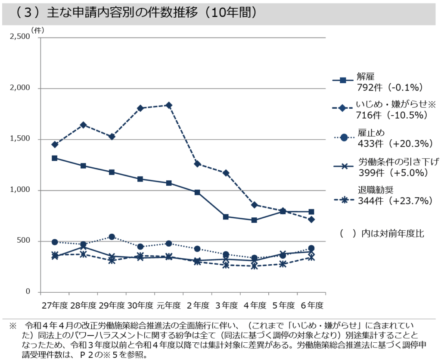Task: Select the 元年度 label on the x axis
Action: [168, 305]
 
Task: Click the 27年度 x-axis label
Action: [55, 305]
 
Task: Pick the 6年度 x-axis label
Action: [311, 305]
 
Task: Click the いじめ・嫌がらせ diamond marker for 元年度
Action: [169, 105]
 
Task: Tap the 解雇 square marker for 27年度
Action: [55, 158]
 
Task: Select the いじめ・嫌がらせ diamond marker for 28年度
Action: [83, 125]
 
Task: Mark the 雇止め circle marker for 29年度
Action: [112, 237]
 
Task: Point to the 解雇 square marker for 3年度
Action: [226, 216]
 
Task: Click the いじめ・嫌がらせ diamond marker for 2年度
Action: [197, 164]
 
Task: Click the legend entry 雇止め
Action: [371, 132]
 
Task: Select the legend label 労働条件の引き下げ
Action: [398, 162]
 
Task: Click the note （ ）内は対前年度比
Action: [382, 233]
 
